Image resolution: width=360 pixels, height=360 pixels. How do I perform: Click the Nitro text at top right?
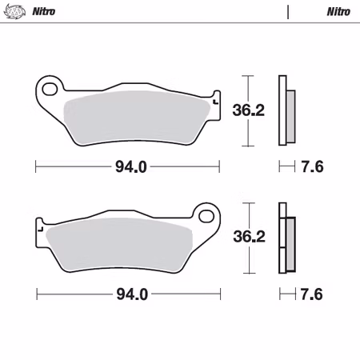pyautogui.click(x=337, y=12)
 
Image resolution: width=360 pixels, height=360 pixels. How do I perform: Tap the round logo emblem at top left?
pyautogui.click(x=16, y=12)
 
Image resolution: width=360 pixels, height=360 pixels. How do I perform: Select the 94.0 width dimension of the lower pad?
pyautogui.click(x=131, y=294)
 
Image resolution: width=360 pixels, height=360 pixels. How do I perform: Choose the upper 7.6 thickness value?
pyautogui.click(x=312, y=166)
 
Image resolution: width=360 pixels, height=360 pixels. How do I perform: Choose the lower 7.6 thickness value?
pyautogui.click(x=312, y=294)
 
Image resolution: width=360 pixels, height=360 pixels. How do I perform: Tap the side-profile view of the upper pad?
pyautogui.click(x=285, y=111)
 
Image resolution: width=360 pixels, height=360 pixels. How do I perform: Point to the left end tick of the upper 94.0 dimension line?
pyautogui.click(x=37, y=166)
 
